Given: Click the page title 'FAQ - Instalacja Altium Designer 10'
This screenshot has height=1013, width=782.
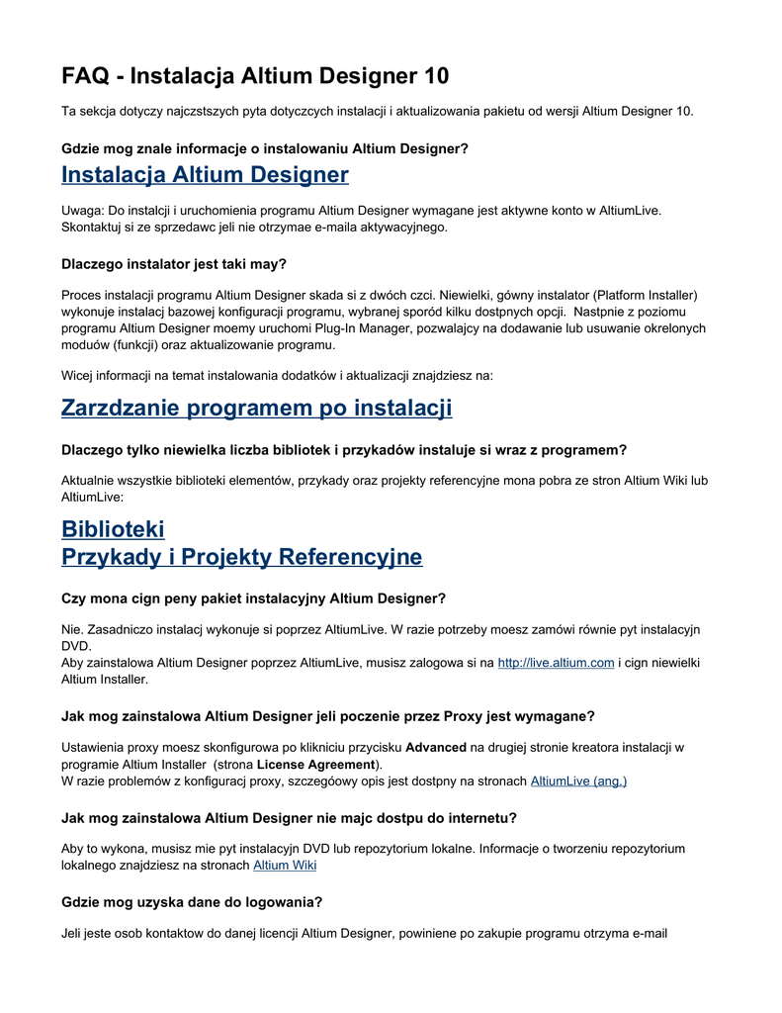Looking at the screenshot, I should [x=255, y=76].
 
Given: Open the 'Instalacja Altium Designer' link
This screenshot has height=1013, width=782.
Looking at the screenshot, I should [x=205, y=175].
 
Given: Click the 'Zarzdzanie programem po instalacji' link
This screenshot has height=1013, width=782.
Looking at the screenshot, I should [x=256, y=408].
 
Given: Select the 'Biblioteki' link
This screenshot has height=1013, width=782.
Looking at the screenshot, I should [x=113, y=529].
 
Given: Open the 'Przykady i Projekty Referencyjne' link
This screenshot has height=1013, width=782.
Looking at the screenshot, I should [x=241, y=557].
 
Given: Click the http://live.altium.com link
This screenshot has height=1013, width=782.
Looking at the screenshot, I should [x=556, y=663].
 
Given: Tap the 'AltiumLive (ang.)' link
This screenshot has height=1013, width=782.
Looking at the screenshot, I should [x=578, y=782].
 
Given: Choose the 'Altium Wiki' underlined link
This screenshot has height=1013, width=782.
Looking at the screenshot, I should [x=285, y=866].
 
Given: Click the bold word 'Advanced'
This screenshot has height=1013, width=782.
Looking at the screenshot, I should [x=436, y=747].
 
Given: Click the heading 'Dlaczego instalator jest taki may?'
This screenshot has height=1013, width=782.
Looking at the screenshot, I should [x=174, y=264].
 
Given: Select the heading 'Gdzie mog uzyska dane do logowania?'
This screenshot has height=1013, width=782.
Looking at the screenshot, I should [x=192, y=902].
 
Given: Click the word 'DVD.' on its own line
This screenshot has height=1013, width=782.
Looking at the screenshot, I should [x=77, y=646].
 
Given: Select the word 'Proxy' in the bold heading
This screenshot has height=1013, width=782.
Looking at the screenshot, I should [x=463, y=716].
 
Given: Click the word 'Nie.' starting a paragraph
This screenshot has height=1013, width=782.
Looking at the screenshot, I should [x=73, y=629].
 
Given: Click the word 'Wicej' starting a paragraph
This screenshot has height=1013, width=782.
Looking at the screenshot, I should [x=80, y=376].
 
